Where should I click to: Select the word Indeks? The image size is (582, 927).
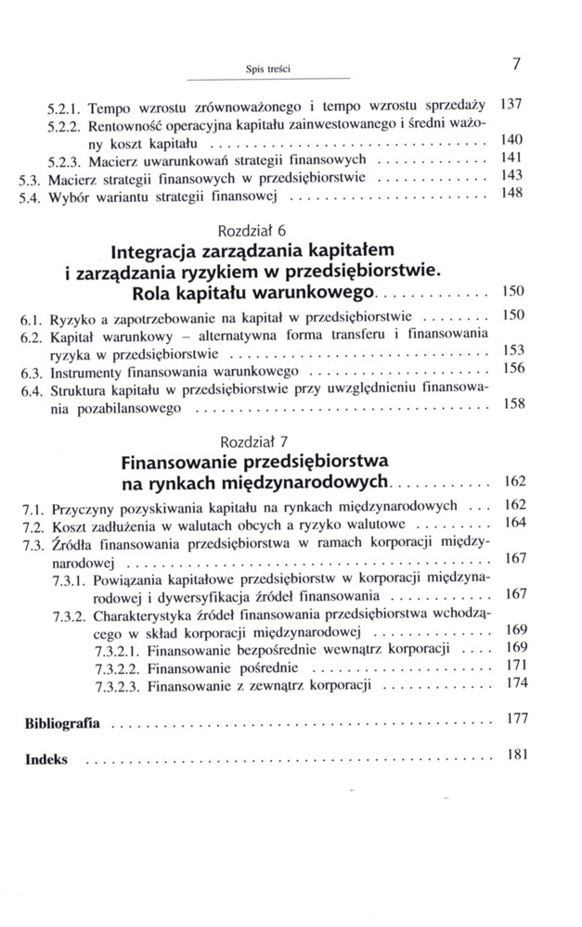coord(46,757)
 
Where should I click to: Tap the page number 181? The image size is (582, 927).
coord(513,755)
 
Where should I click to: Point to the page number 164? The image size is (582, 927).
coord(513,523)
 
